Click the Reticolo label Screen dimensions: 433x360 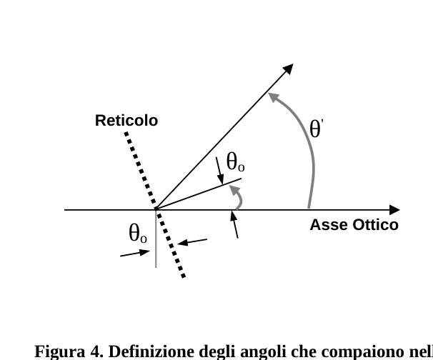[x=126, y=121]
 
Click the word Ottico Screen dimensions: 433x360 [x=376, y=225]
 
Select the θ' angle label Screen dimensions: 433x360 [x=317, y=129]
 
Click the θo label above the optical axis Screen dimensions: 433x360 [x=235, y=161]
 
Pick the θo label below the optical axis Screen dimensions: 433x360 [x=138, y=233]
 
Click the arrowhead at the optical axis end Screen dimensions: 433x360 [x=394, y=210]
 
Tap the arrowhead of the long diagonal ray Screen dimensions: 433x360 [x=288, y=69]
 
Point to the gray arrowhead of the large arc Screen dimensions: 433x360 [x=274, y=97]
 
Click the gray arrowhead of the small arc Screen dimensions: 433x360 [x=234, y=189]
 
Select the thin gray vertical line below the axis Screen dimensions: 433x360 [x=156, y=239]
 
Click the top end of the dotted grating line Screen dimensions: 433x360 [x=126, y=134]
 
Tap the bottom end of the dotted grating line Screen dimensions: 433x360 [x=184, y=276]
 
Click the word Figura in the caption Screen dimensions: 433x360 [x=59, y=352]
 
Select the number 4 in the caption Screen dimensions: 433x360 [x=96, y=351]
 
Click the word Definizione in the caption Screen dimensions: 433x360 [x=151, y=351]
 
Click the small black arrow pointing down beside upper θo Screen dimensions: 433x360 [x=220, y=171]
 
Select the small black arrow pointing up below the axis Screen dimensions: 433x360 [x=235, y=225]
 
